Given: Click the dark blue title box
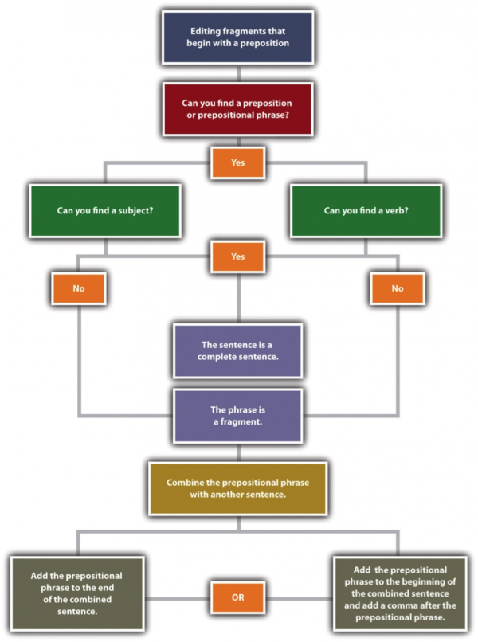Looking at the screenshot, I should [x=238, y=36].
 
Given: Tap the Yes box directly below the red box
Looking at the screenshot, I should [x=238, y=162].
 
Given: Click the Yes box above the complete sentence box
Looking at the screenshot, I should [x=238, y=256].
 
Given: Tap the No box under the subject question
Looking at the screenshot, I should [x=78, y=288].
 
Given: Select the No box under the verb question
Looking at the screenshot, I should [x=398, y=288].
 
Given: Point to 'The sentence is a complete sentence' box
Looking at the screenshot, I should [x=238, y=350].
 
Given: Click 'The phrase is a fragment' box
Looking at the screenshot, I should [x=238, y=415].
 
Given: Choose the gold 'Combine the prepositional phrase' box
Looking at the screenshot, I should [x=238, y=488].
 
